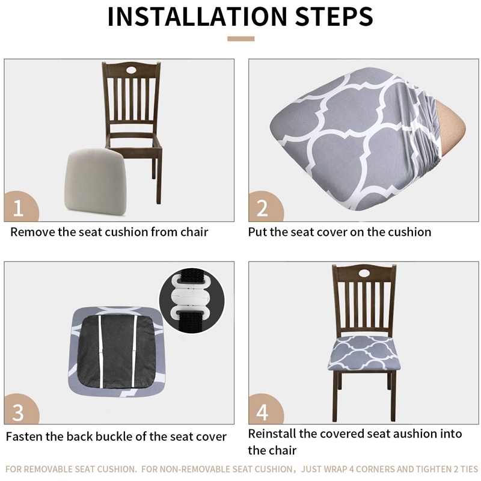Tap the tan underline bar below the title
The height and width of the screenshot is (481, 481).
tap(240, 39)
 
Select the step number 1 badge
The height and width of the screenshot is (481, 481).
tap(18, 208)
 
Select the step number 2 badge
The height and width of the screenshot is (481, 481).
tap(262, 208)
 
